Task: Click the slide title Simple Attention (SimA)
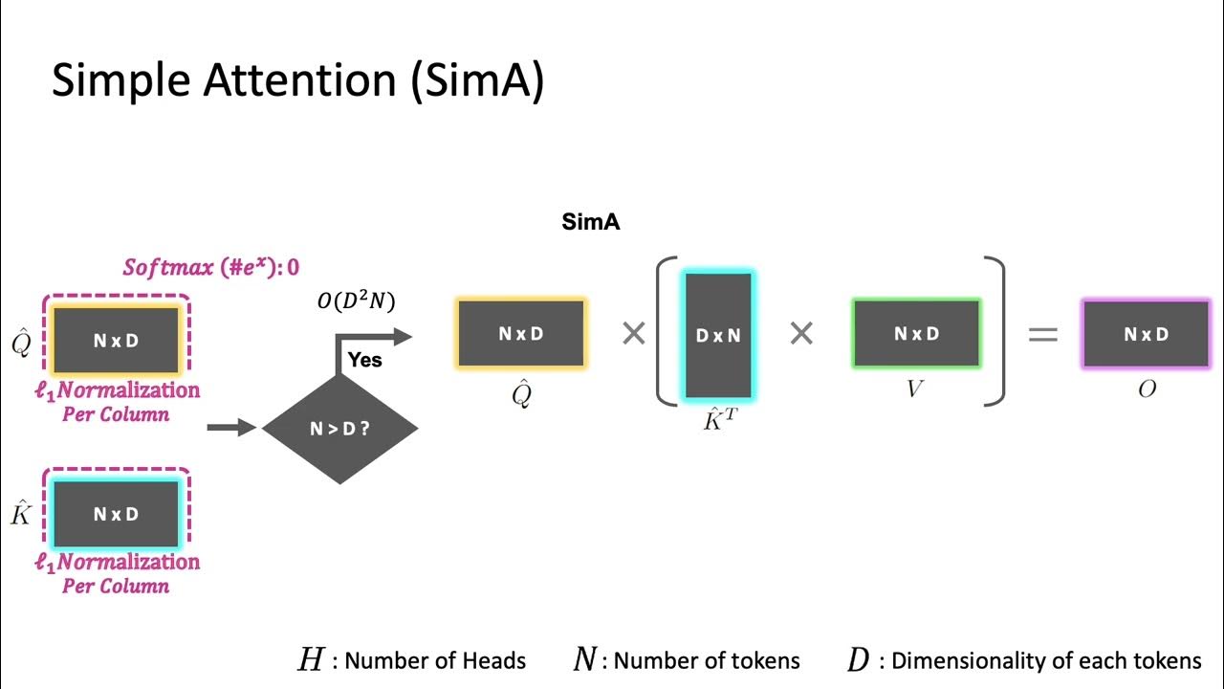click(297, 81)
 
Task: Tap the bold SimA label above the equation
click(591, 223)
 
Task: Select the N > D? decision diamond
click(339, 429)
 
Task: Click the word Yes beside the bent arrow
click(365, 360)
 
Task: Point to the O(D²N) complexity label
click(356, 301)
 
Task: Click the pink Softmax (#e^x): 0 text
click(210, 267)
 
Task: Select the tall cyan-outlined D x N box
click(718, 334)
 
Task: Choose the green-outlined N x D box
click(916, 334)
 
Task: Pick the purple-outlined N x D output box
click(1146, 334)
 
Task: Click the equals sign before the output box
click(1042, 334)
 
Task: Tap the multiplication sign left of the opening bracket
click(633, 334)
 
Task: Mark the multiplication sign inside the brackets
click(801, 334)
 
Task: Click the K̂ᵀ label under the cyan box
click(719, 418)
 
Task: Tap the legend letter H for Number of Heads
click(312, 660)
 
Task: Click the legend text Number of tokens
click(707, 660)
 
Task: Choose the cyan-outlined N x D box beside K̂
click(116, 514)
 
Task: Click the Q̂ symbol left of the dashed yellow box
click(21, 342)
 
